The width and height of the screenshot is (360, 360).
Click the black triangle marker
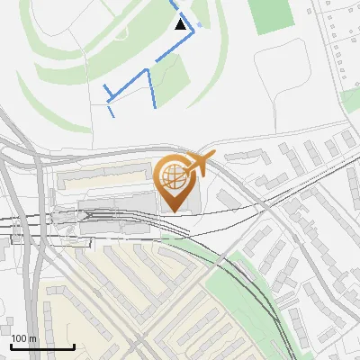182,24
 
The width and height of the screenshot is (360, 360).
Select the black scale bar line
42,347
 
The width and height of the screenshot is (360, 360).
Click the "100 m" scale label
24,338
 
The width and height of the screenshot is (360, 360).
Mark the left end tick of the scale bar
12,346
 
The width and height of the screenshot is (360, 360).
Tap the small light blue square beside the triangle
199,23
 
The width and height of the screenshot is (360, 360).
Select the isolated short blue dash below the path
111,112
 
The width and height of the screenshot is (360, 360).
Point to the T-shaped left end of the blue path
106,92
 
